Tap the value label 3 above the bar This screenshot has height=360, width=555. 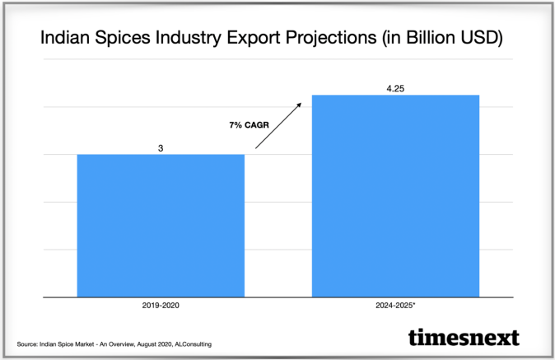click(161, 148)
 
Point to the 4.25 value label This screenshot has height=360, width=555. click(394, 88)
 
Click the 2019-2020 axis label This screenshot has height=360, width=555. click(161, 305)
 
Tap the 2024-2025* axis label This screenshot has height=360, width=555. click(394, 305)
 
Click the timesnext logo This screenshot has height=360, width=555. click(464, 338)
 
